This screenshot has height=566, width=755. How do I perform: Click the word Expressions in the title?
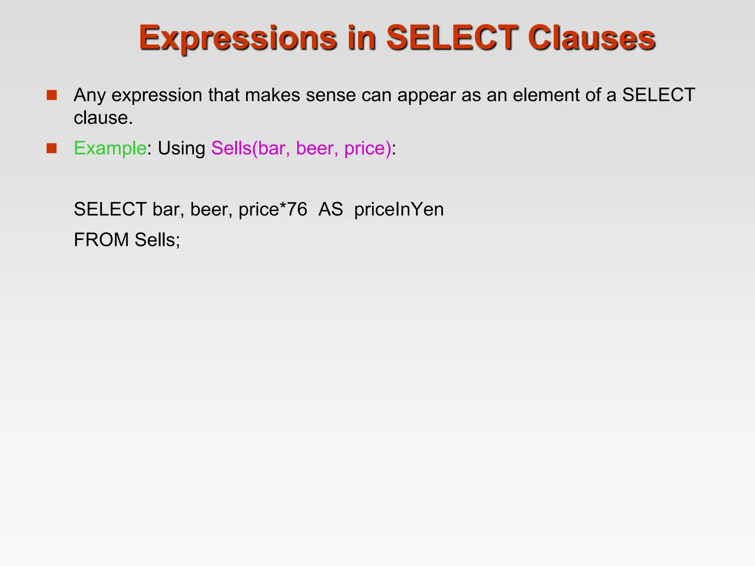pos(238,38)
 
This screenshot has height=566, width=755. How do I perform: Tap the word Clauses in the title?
pos(591,38)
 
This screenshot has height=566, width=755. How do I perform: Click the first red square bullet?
pos(52,95)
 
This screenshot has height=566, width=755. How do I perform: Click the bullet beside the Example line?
pos(52,148)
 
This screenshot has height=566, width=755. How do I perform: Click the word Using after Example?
pos(181,148)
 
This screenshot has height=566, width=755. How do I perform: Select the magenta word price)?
pos(368,148)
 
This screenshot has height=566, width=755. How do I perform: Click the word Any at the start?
pos(90,95)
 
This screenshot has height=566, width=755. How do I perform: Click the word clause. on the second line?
pos(103,118)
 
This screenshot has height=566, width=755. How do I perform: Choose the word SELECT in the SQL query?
pos(110,209)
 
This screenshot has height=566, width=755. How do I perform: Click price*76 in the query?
pos(273,209)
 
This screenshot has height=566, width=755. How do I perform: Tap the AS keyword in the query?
pos(331,209)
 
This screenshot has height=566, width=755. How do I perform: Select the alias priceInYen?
pos(399,209)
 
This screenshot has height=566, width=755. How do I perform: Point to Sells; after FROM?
pos(157,240)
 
